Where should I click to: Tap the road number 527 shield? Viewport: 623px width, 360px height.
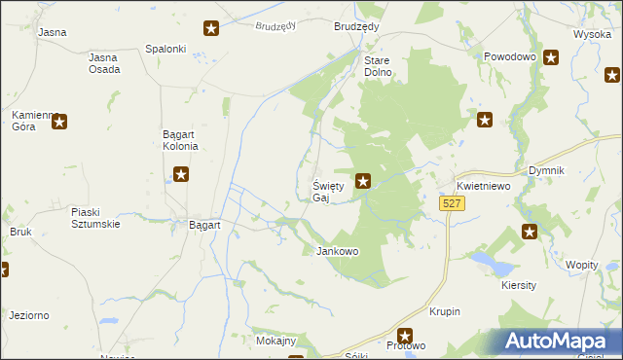(x=451, y=203)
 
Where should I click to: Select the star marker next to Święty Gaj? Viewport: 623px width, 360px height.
(x=363, y=179)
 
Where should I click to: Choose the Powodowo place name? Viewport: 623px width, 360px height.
(x=510, y=57)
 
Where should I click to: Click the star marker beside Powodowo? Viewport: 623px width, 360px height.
(x=551, y=57)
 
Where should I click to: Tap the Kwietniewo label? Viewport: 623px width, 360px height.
(x=484, y=187)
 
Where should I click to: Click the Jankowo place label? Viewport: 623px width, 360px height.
(x=338, y=251)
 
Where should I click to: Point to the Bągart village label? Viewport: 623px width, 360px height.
(x=203, y=224)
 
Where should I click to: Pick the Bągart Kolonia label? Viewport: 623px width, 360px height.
(x=180, y=140)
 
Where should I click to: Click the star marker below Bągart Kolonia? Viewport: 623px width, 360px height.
(x=181, y=175)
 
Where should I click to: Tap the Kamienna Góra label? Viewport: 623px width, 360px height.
(x=30, y=122)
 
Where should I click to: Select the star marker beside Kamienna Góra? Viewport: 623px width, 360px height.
(x=59, y=122)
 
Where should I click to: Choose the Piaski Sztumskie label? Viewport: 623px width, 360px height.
(x=95, y=217)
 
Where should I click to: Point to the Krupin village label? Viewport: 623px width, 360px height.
(x=443, y=311)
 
